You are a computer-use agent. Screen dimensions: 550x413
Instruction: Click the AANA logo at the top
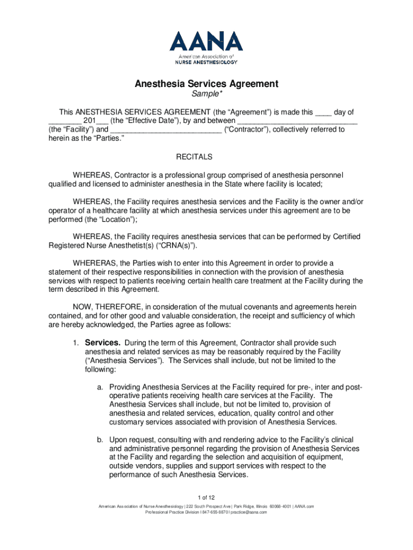(206, 42)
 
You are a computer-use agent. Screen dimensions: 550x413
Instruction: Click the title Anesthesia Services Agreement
(206, 84)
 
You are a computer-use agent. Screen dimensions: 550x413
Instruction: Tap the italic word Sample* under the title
(206, 95)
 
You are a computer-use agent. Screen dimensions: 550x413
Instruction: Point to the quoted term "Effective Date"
(138, 121)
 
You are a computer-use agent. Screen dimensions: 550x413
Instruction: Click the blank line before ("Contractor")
(165, 130)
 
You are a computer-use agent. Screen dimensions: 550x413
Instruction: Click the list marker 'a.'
(100, 387)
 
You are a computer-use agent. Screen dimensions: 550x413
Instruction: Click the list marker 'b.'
(100, 439)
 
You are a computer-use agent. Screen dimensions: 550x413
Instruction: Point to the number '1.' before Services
(77, 343)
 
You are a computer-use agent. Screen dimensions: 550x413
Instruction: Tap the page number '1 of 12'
(206, 496)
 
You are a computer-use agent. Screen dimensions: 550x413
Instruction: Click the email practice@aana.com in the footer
(249, 512)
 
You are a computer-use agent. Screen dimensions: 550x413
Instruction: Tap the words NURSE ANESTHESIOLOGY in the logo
(206, 62)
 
